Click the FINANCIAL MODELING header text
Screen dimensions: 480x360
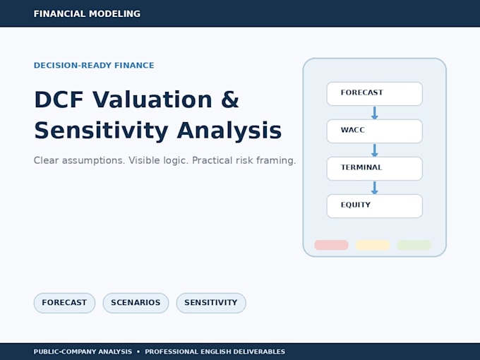coord(87,14)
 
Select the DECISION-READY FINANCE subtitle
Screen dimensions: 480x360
coord(94,65)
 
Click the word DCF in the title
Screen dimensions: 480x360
coord(59,100)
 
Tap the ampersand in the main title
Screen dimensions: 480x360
coord(229,100)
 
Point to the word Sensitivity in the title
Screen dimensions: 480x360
coord(102,131)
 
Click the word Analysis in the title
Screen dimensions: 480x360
coord(229,131)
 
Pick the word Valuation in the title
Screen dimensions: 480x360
coord(152,100)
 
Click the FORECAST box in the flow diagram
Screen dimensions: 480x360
coord(374,94)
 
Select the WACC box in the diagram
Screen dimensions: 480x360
coord(374,131)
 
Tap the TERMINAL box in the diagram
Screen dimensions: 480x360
coord(374,169)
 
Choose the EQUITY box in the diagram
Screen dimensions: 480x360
coord(374,206)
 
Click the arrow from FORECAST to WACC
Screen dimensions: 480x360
coord(374,113)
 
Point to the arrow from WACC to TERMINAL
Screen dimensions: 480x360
coord(374,150)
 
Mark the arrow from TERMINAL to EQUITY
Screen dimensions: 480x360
coord(374,187)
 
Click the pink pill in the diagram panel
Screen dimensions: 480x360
coord(331,245)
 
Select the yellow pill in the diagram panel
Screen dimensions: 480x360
coord(373,245)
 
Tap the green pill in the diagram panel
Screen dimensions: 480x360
coord(414,245)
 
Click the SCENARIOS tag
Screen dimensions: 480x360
coord(136,303)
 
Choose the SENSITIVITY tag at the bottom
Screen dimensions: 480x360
coord(211,303)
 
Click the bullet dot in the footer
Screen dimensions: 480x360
coord(138,352)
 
